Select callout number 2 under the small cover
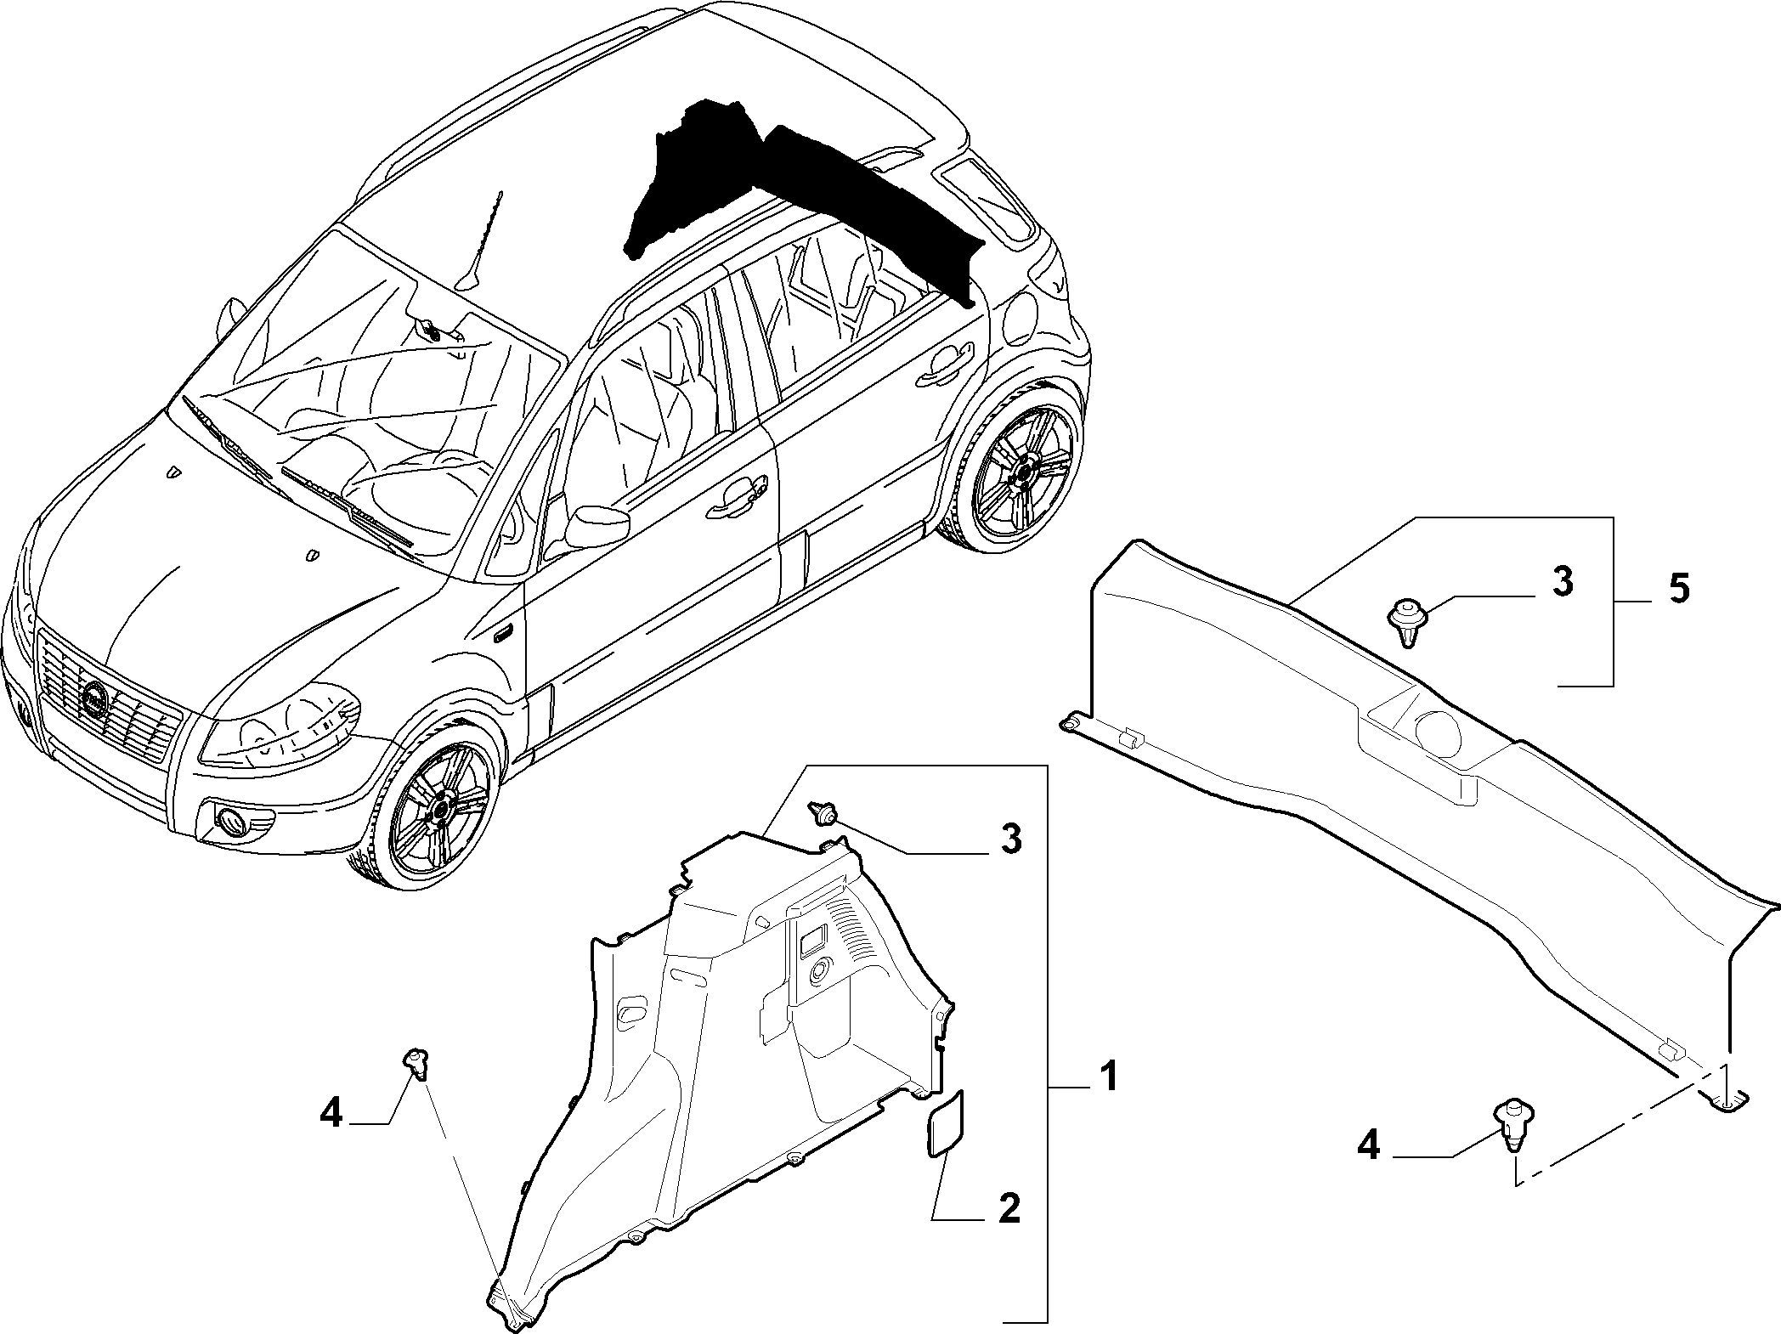coord(1009,1207)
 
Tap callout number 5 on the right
coord(1678,590)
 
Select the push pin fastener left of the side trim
coord(416,1062)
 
